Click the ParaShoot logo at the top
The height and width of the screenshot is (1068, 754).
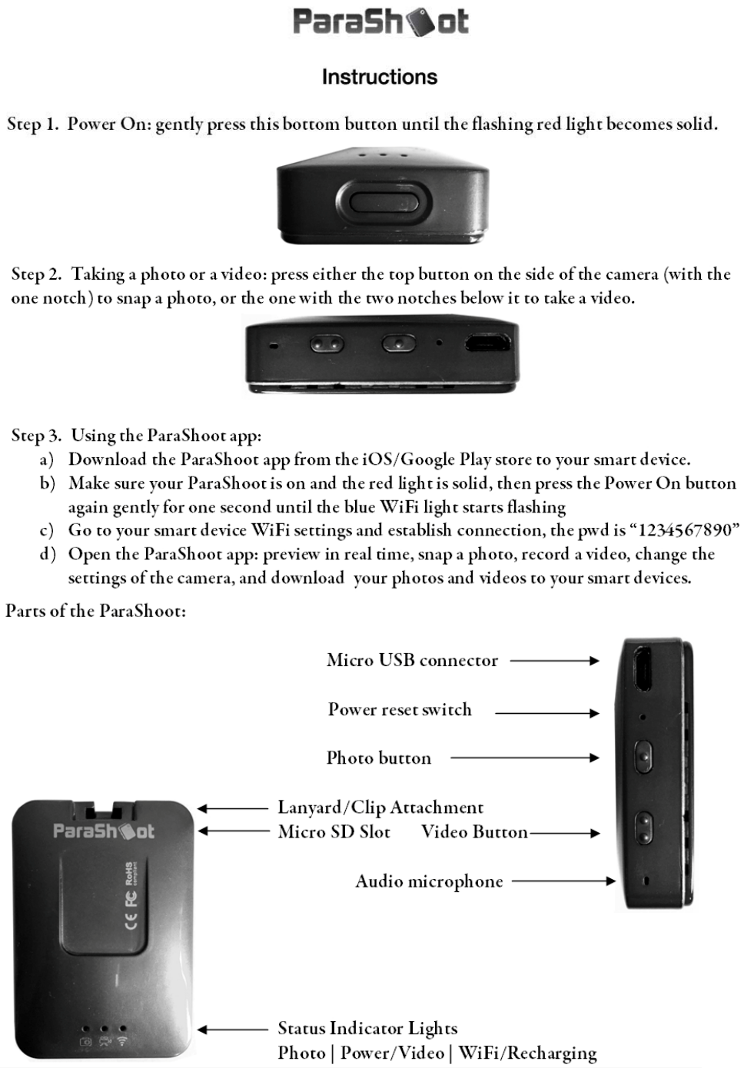pos(380,22)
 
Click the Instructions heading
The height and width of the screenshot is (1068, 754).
pos(379,77)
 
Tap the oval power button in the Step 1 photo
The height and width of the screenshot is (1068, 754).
pos(382,204)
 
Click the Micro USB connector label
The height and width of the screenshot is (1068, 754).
pos(412,660)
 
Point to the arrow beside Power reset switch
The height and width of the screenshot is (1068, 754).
pos(546,713)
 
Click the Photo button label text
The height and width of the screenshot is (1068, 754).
pos(379,758)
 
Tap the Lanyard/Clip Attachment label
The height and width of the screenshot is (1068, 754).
pos(380,808)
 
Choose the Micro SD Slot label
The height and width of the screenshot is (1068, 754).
pos(334,831)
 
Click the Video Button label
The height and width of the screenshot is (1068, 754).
pos(474,831)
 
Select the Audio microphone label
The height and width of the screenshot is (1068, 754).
pos(429,881)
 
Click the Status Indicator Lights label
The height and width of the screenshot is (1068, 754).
pos(367,1028)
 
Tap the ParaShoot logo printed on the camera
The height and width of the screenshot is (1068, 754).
pos(103,831)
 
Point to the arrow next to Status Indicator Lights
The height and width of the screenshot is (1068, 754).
pos(231,1030)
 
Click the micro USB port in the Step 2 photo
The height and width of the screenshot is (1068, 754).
pos(490,342)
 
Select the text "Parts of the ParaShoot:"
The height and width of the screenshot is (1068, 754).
pos(95,611)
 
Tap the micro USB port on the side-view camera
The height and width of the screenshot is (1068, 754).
pos(643,666)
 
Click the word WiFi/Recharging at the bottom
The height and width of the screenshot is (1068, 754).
pos(527,1053)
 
